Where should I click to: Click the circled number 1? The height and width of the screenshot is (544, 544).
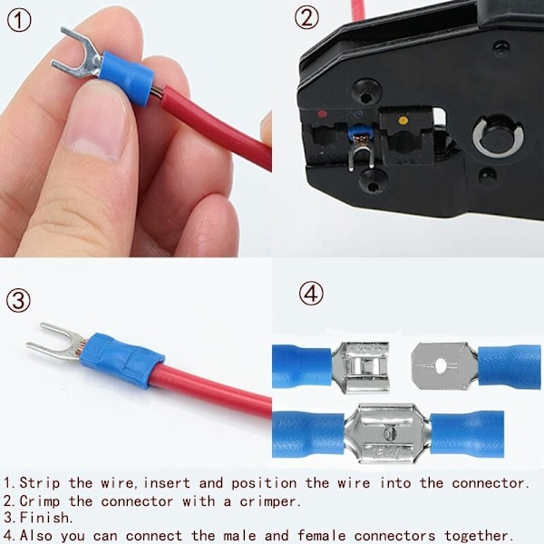point(19,20)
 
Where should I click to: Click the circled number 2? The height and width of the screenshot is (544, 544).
point(306,18)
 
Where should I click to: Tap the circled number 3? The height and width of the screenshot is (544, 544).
point(18,300)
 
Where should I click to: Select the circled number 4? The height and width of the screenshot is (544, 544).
point(311,294)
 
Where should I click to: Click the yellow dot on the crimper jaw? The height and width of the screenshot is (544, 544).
point(403,121)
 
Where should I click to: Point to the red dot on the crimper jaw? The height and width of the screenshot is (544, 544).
point(323,114)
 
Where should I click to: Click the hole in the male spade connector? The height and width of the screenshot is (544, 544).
point(441,365)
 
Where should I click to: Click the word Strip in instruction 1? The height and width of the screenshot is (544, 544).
point(40,483)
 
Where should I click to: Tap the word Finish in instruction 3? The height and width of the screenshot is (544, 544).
point(46,518)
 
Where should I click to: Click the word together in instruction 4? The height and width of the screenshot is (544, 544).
point(479,536)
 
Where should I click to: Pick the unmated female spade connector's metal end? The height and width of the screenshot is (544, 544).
point(360,367)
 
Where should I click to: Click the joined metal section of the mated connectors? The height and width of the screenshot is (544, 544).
point(387,432)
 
